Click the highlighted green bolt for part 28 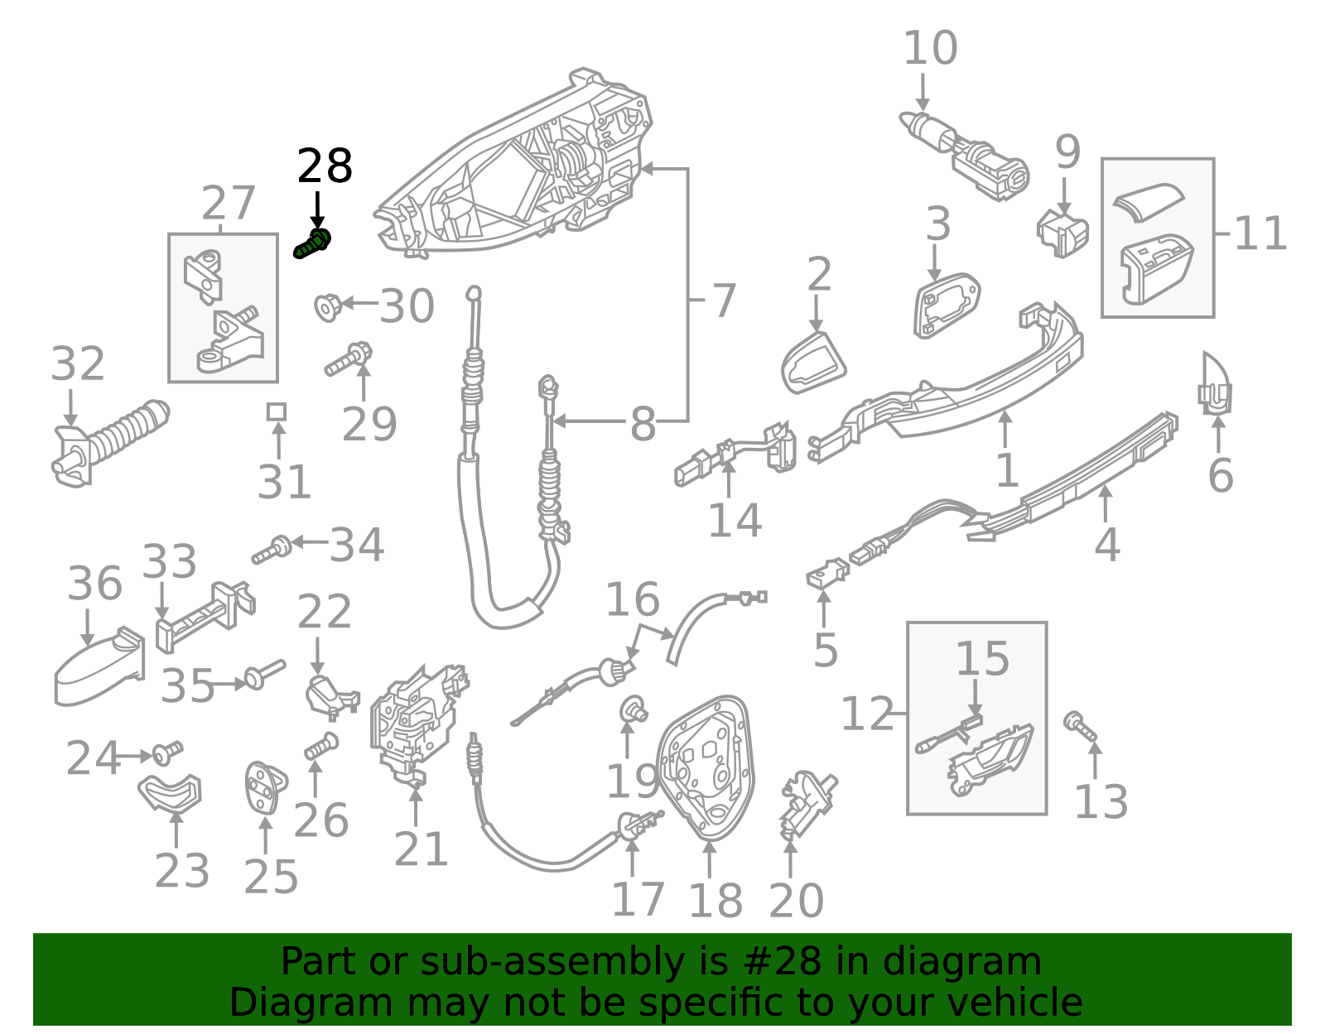click(x=313, y=243)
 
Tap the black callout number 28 click(x=325, y=166)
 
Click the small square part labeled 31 click(x=277, y=411)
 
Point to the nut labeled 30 click(x=328, y=306)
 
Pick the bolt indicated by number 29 click(x=348, y=360)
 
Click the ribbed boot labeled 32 click(x=112, y=441)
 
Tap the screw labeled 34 click(x=272, y=550)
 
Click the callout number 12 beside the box click(x=867, y=714)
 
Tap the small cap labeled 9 click(x=1062, y=232)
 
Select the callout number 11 click(x=1260, y=233)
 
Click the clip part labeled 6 click(x=1215, y=386)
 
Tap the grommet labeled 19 click(x=634, y=709)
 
